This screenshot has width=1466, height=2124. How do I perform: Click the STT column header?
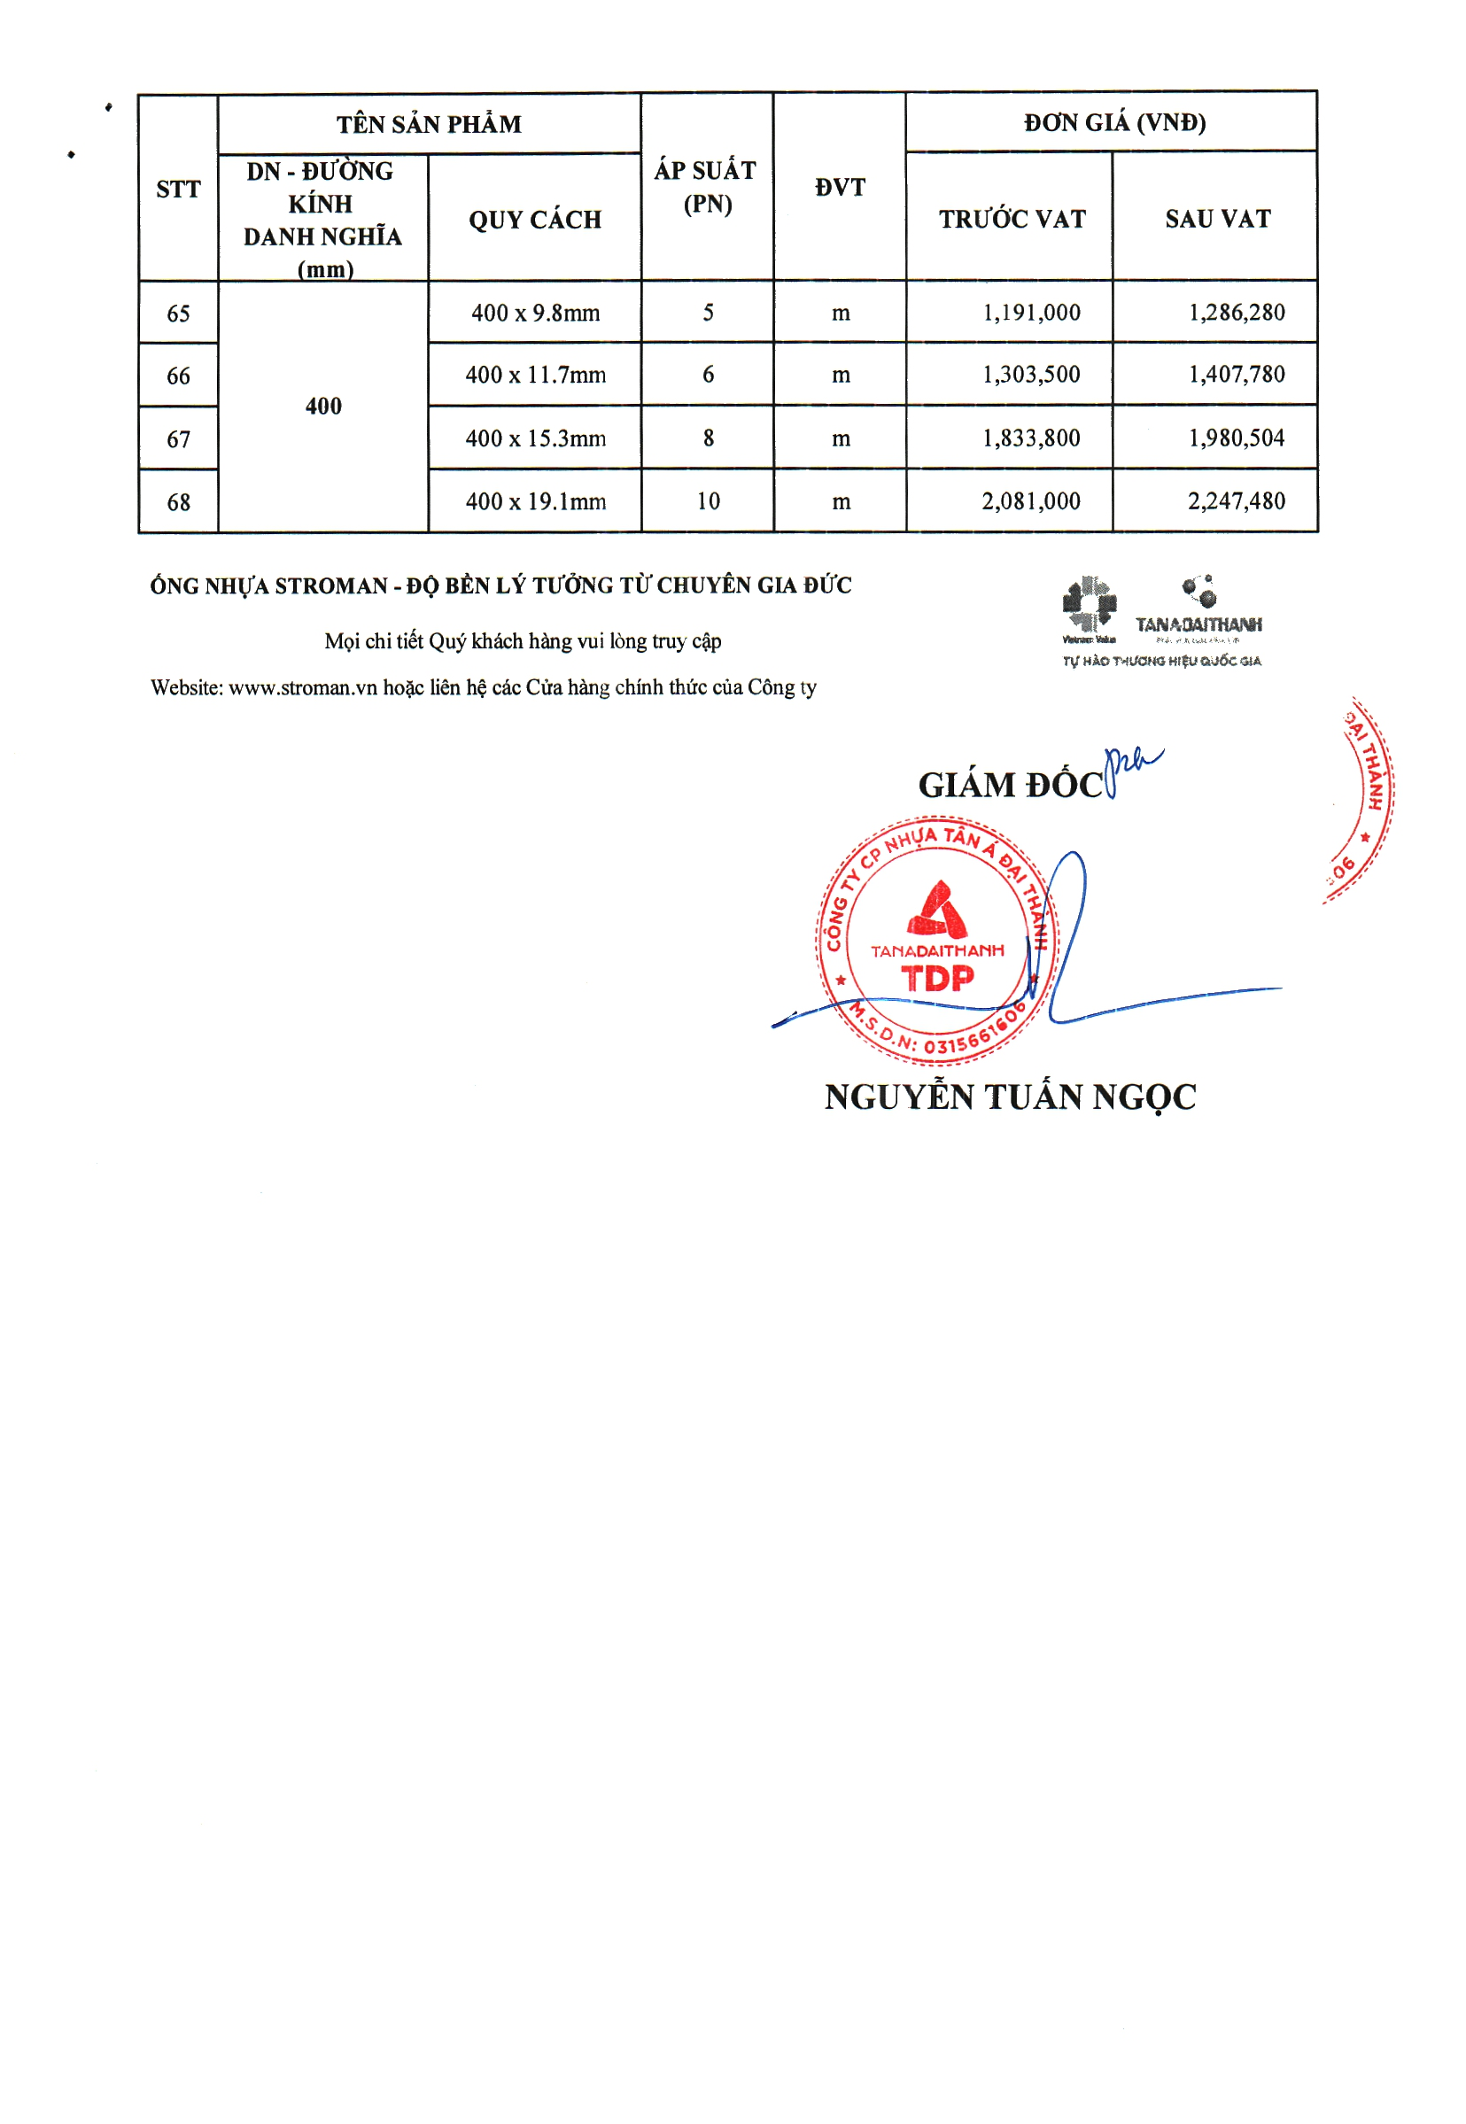click(x=178, y=190)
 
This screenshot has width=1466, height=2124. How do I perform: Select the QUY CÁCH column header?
click(x=535, y=220)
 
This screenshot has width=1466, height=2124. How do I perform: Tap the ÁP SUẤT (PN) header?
click(x=706, y=186)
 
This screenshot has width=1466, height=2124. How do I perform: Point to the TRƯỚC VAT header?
click(x=1012, y=219)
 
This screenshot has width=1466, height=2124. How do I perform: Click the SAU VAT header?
click(x=1217, y=219)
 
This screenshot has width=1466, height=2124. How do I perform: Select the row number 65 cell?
click(x=178, y=314)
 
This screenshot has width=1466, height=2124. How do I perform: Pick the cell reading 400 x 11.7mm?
click(x=536, y=375)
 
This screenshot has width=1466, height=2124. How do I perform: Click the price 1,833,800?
click(x=1030, y=438)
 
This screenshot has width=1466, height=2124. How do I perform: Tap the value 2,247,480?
click(x=1236, y=501)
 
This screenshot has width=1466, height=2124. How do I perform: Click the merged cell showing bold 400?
click(x=323, y=407)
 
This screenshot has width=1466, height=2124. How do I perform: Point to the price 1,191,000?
click(x=1030, y=314)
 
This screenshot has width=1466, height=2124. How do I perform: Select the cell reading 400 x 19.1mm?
click(x=536, y=501)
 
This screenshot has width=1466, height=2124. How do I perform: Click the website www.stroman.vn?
click(x=302, y=688)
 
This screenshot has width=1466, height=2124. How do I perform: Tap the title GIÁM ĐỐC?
click(x=1011, y=785)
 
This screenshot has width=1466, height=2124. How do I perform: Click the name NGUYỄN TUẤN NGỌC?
click(x=1010, y=1097)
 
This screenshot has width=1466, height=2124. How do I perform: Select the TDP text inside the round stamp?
click(x=937, y=979)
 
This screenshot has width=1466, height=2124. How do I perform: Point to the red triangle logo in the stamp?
click(x=937, y=909)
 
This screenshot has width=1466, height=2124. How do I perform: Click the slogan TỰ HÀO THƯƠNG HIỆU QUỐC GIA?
click(x=1161, y=661)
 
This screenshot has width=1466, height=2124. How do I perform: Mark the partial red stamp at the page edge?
click(x=1364, y=799)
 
